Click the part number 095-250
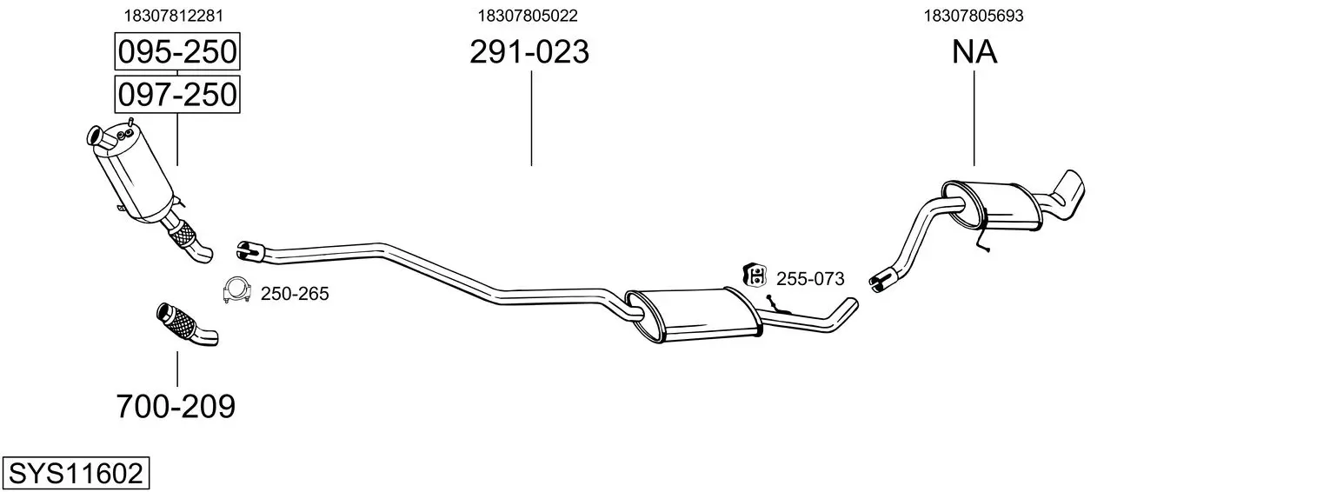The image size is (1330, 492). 177,51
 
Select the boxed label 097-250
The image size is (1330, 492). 177,95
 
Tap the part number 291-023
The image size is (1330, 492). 529,51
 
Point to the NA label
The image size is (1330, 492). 974,51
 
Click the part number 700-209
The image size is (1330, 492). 176,407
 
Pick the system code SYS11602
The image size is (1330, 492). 76,474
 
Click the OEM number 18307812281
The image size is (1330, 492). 173,16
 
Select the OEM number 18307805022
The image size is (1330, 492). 528,16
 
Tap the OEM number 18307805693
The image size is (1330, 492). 974,16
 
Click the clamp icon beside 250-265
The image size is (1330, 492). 236,290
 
